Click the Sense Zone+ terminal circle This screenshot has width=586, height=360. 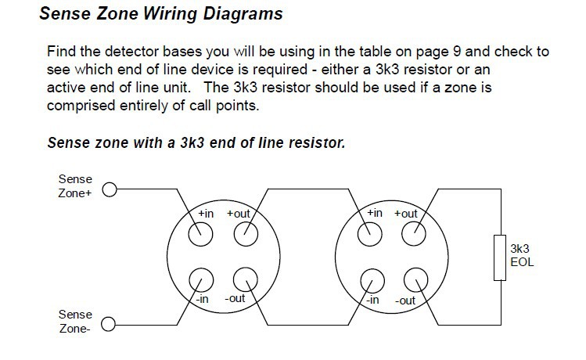tap(110, 189)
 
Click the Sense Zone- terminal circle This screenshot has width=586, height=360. tap(109, 324)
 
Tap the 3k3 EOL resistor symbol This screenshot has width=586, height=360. tap(500, 257)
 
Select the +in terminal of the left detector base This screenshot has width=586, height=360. tap(201, 235)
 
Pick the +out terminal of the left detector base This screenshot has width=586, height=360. tap(246, 234)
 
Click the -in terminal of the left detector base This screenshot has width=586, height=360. tap(201, 280)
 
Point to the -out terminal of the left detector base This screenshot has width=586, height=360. tap(245, 279)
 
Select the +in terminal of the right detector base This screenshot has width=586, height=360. tap(369, 234)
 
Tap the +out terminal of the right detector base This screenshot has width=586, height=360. tap(414, 234)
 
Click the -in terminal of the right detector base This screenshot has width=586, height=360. tap(372, 281)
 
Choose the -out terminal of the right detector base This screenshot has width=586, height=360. tap(416, 280)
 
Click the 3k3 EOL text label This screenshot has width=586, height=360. tap(522, 255)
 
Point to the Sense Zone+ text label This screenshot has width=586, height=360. tap(75, 186)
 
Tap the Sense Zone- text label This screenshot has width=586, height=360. tap(75, 322)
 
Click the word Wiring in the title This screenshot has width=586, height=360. tap(170, 14)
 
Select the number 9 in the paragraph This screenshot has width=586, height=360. tap(457, 51)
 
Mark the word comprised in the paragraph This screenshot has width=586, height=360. tap(81, 106)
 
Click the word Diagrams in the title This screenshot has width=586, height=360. tap(243, 14)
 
